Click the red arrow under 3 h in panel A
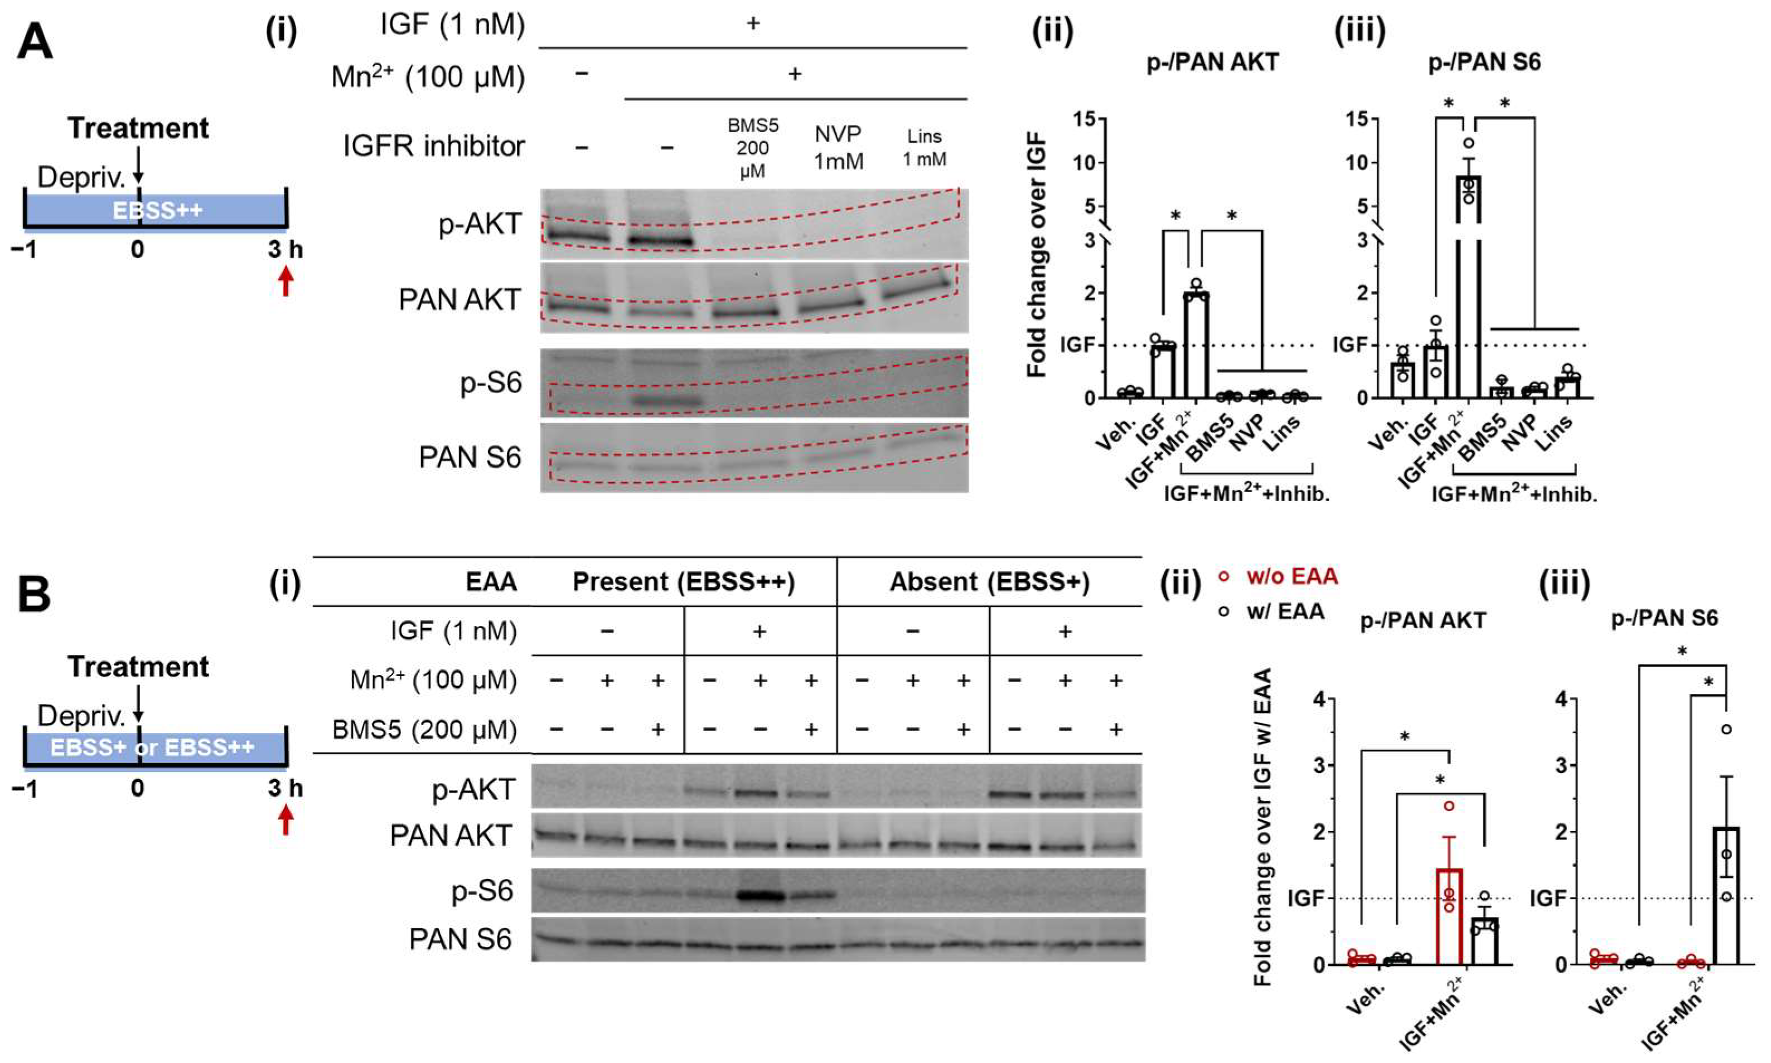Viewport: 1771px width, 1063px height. (286, 281)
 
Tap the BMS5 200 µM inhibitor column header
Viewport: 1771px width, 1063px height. (752, 148)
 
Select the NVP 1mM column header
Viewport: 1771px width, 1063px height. (838, 148)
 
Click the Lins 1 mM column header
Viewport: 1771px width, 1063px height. (924, 148)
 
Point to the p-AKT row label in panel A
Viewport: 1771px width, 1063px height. (480, 224)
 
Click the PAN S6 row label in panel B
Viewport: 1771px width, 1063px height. (460, 939)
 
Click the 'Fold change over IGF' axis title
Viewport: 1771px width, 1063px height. (1037, 255)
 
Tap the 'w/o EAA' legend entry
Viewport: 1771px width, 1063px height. (1291, 576)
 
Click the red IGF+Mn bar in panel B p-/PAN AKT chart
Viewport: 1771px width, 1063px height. (1449, 917)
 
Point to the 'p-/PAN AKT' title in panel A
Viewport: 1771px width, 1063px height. (1212, 62)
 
